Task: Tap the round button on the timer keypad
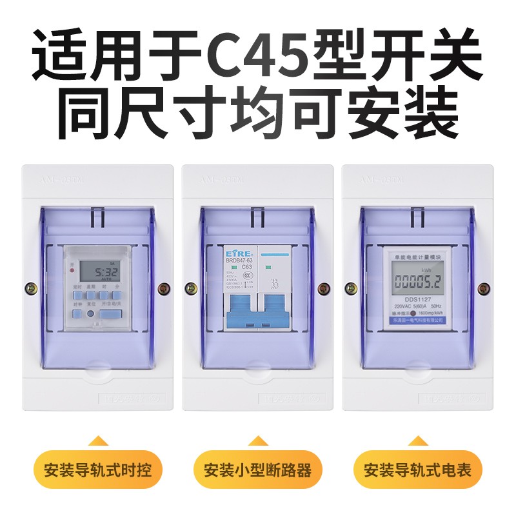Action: [x=91, y=313]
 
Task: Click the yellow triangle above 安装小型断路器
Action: [x=257, y=441]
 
